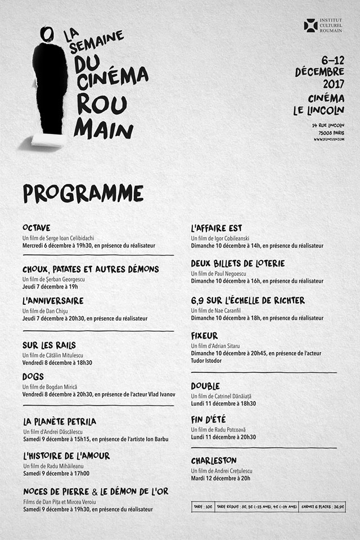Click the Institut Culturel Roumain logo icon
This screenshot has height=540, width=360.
[x=310, y=25]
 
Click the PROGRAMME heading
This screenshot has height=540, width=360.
[x=83, y=193]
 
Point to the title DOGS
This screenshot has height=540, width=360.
[x=33, y=376]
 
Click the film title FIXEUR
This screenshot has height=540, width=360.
[x=204, y=336]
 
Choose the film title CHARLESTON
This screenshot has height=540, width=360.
[x=213, y=461]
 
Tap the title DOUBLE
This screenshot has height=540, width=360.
[x=205, y=386]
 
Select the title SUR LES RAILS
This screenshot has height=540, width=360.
[x=49, y=345]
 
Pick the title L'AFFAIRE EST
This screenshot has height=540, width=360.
[x=216, y=228]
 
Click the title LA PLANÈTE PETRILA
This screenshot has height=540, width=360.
[x=60, y=421]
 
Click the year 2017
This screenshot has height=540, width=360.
[x=332, y=84]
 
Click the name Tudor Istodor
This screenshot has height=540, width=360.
[x=206, y=361]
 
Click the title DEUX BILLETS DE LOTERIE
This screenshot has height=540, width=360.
[x=237, y=263]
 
